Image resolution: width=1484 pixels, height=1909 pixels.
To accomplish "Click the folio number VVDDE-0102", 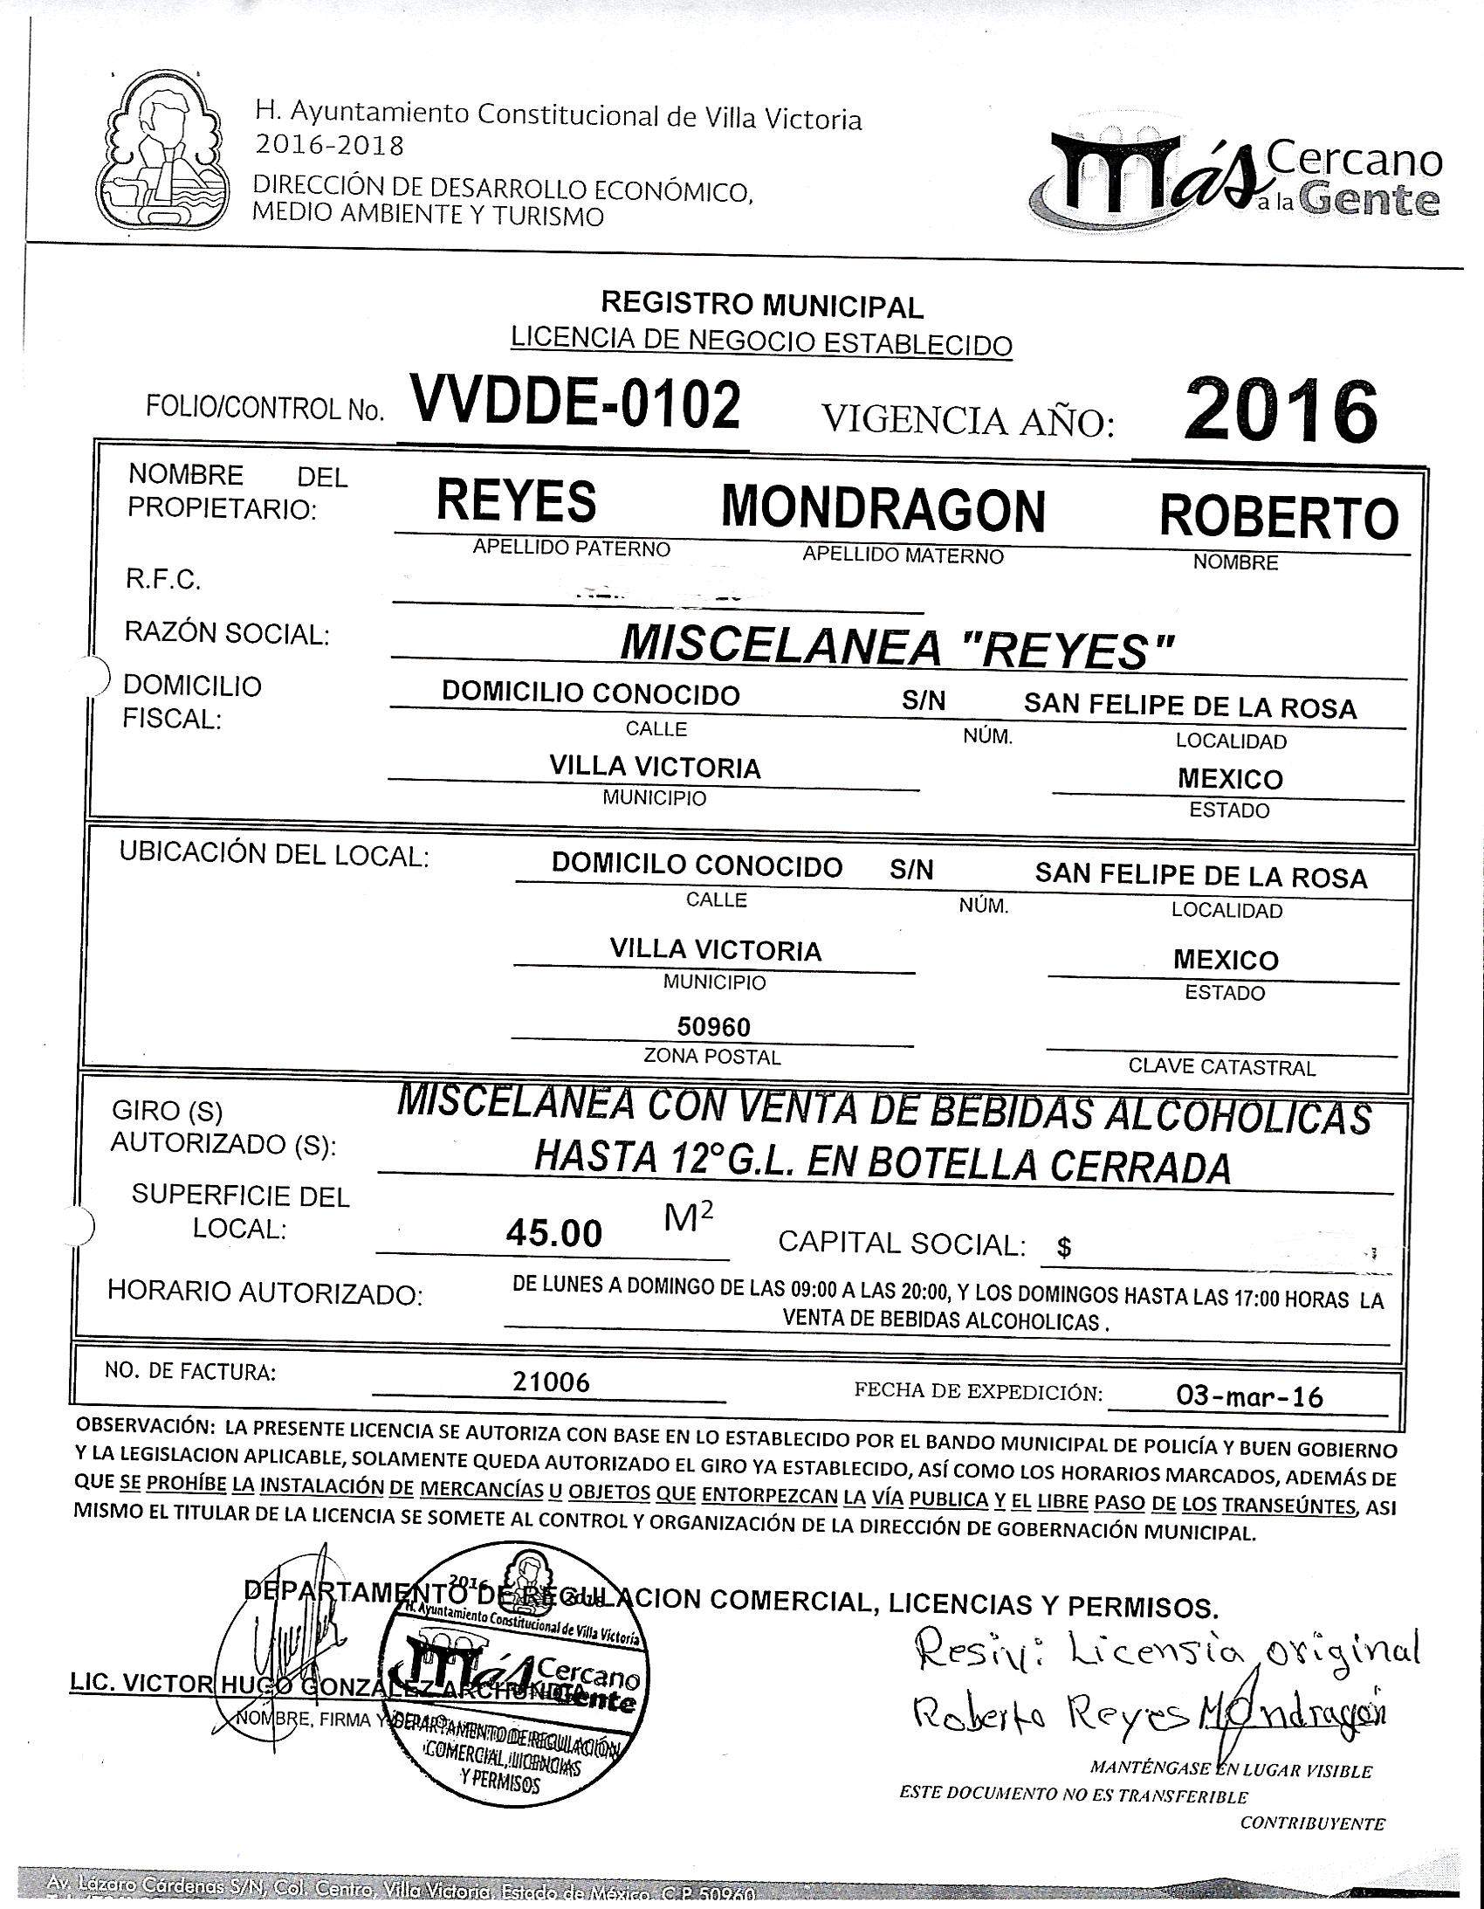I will pyautogui.click(x=574, y=403).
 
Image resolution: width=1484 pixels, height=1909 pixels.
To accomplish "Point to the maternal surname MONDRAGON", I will pyautogui.click(x=883, y=509).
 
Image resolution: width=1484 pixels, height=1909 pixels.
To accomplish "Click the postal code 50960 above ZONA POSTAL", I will pyautogui.click(x=714, y=1026).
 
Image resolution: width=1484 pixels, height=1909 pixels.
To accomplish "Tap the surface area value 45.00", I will pyautogui.click(x=554, y=1233).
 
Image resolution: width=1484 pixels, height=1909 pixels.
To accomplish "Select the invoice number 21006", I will pyautogui.click(x=551, y=1382).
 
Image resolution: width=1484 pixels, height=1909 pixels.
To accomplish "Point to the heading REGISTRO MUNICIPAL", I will pyautogui.click(x=761, y=305).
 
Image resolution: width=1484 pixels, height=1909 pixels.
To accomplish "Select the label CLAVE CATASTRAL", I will pyautogui.click(x=1221, y=1067).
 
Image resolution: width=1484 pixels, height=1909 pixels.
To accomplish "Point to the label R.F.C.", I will pyautogui.click(x=162, y=580).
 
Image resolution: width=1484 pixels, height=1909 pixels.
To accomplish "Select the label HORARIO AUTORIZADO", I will pyautogui.click(x=265, y=1292).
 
